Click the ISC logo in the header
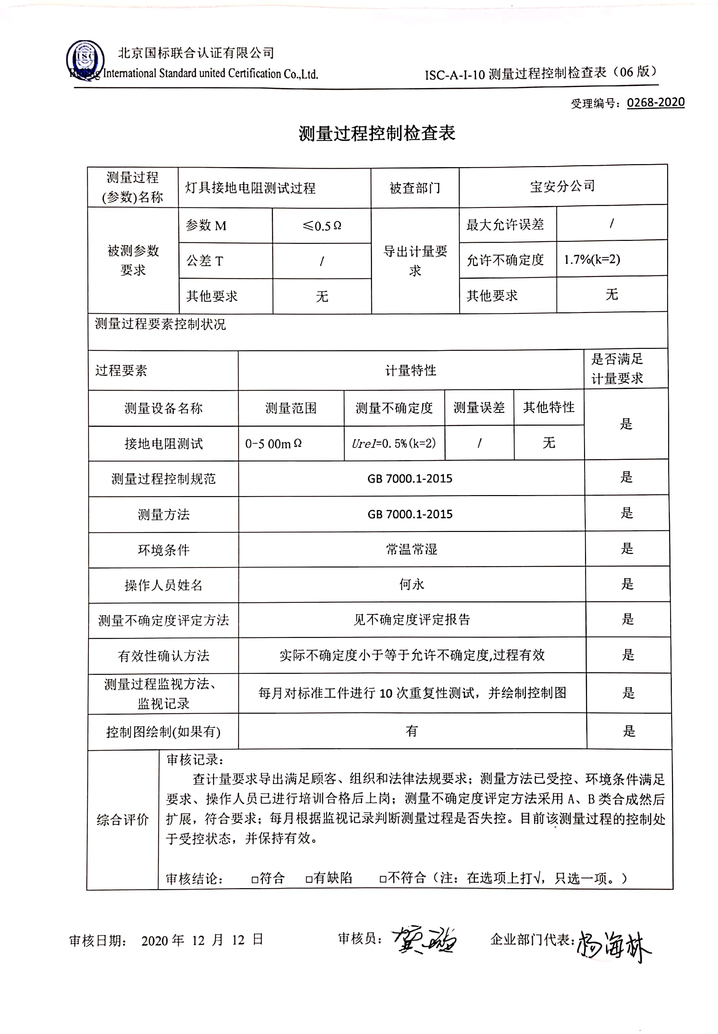pos(85,59)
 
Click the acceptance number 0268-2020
pos(656,102)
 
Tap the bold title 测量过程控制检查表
pos(377,134)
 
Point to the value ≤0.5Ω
pos(322,226)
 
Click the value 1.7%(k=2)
pos(592,259)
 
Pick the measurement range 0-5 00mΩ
pos(273,444)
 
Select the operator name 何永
pos(411,584)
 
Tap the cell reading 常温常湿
pos(411,549)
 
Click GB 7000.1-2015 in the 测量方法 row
pos(410,514)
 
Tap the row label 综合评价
pos(122,820)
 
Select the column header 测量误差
pos(479,408)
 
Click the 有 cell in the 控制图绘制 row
pos(411,731)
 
